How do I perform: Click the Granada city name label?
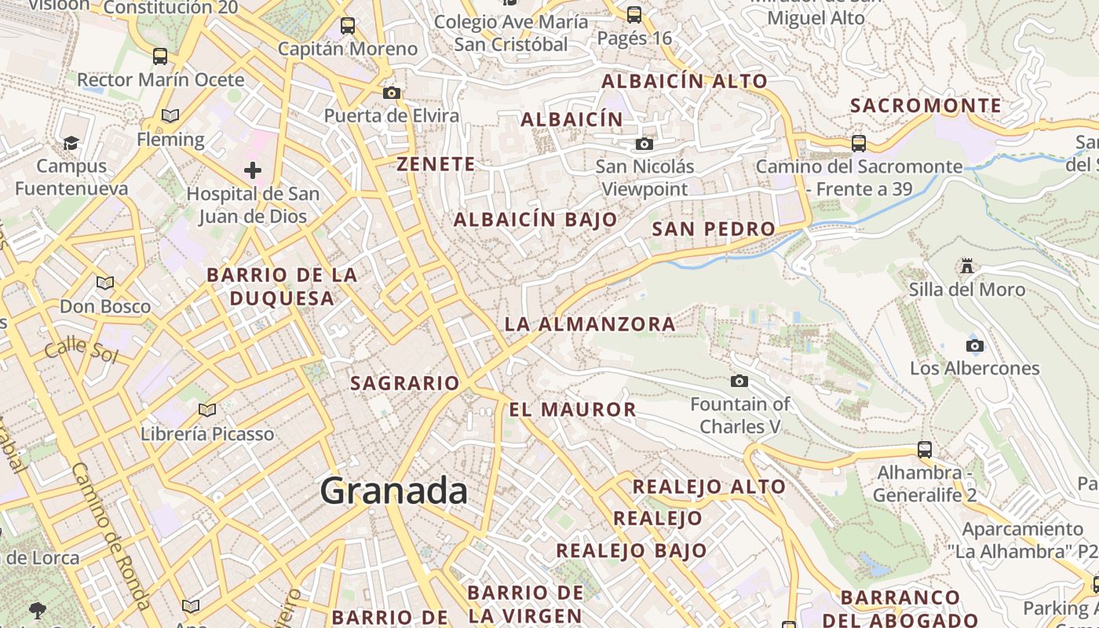pos(393,491)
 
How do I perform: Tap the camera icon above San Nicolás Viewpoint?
pos(644,144)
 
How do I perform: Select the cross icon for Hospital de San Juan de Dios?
pos(252,170)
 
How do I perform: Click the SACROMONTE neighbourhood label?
pos(926,106)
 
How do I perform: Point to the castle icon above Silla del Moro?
pos(967,266)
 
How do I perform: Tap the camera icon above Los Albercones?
pos(974,345)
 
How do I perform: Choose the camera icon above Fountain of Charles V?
pos(739,382)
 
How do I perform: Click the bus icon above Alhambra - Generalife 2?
pos(925,450)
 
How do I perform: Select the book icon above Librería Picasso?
pos(207,410)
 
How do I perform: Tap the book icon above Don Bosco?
pos(105,283)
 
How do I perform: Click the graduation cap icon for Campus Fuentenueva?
pos(71,143)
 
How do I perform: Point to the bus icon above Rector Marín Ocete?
pos(160,57)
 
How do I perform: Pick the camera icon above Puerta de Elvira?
pos(391,93)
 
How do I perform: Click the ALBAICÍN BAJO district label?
pos(535,220)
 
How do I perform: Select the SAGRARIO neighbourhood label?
pos(404,383)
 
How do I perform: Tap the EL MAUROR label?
pos(572,409)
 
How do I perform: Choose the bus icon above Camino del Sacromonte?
pos(859,143)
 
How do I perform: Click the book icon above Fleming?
pos(170,116)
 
